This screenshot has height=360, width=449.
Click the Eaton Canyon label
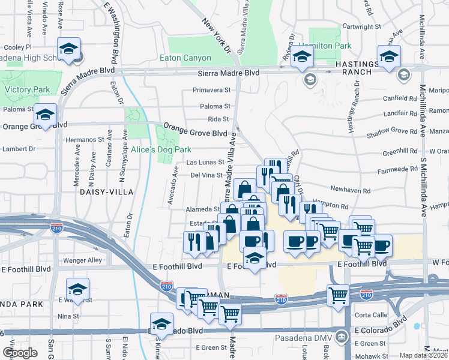coord(185,58)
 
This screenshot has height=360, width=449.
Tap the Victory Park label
coord(27,90)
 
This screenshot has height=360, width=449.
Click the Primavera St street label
coord(211,91)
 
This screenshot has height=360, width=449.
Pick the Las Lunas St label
coord(205,162)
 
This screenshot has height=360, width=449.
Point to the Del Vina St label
coord(206,175)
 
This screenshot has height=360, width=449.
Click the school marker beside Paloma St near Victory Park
coord(44,115)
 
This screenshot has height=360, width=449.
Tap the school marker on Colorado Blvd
coord(161,325)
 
